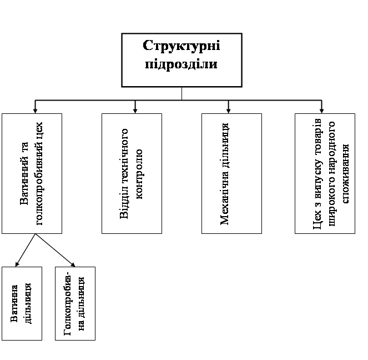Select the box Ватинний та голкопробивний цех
pos(32,173)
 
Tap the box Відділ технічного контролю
pos(132,173)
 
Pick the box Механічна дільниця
pos(231,173)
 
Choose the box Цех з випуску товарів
pos(325,173)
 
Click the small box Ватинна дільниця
pos(22,303)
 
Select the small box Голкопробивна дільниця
pos(75,303)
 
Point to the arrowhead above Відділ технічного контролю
pos(135,109)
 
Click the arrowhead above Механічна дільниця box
pos(228,109)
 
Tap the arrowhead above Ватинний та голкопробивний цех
pos(35,109)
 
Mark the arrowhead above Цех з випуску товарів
pos(321,109)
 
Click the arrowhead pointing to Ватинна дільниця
pos(17,263)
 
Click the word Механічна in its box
pos(225,200)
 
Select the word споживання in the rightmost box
pos(345,173)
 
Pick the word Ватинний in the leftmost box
pos(25,181)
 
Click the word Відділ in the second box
pos(124,206)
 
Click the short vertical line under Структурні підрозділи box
pos(182,93)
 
